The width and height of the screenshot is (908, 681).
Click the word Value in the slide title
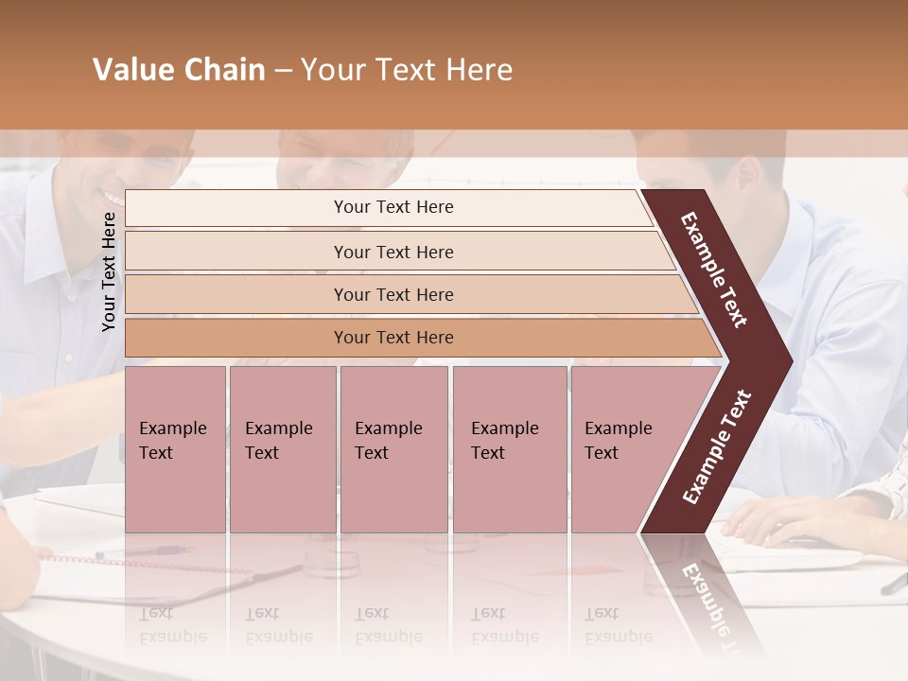(131, 70)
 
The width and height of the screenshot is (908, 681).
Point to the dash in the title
(283, 71)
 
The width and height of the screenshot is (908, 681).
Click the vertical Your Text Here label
(109, 271)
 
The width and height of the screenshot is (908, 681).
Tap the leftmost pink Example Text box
(175, 449)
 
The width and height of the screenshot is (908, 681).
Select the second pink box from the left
(282, 449)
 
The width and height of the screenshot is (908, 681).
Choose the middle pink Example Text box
(393, 449)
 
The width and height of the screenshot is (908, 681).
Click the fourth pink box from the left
(509, 449)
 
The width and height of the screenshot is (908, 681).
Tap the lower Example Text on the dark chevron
(717, 446)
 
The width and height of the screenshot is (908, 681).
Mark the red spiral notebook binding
(142, 564)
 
